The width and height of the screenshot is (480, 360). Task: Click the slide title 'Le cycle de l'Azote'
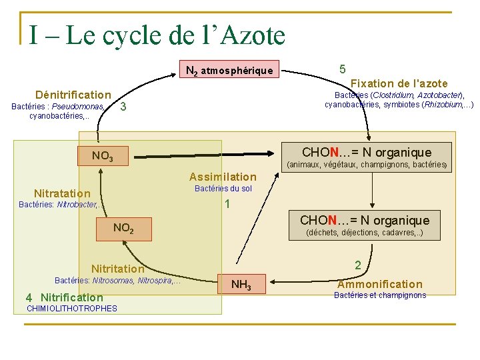click(x=157, y=35)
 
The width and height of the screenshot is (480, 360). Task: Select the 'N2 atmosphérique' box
click(x=229, y=70)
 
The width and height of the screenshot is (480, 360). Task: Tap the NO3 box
click(x=102, y=157)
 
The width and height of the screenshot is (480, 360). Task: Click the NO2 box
click(x=123, y=228)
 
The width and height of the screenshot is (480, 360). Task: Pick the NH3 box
click(x=241, y=285)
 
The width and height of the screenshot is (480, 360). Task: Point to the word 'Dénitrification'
click(x=73, y=95)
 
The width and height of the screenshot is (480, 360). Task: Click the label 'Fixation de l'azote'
click(x=399, y=83)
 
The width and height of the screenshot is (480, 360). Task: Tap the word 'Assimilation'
click(x=223, y=177)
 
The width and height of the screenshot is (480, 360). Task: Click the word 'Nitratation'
click(x=62, y=193)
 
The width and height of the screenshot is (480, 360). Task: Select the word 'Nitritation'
click(x=117, y=269)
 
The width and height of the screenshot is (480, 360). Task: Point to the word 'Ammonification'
click(x=379, y=284)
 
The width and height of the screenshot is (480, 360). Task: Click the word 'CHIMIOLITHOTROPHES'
click(x=71, y=309)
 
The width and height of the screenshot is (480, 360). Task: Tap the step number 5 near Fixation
click(x=342, y=69)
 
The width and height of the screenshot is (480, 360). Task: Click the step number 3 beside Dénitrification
click(x=123, y=107)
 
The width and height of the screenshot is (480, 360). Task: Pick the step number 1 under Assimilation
click(x=227, y=204)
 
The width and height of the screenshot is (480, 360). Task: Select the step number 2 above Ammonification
click(x=358, y=265)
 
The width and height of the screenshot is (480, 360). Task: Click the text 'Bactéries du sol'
click(x=223, y=189)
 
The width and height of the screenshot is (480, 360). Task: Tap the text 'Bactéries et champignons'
click(x=379, y=295)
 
